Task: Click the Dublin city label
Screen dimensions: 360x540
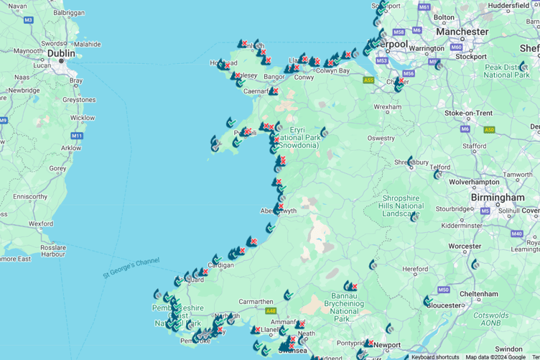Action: click(x=61, y=52)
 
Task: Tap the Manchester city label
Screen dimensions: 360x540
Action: click(x=462, y=32)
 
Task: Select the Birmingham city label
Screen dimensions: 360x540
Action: click(x=498, y=197)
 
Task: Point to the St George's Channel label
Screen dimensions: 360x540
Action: click(x=131, y=266)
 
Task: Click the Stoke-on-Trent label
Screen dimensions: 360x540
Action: click(x=469, y=113)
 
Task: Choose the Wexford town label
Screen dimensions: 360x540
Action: click(x=40, y=223)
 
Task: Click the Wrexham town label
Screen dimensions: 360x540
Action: click(x=388, y=106)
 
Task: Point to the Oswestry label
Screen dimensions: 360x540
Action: click(x=381, y=138)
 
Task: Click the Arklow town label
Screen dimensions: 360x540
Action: click(x=71, y=148)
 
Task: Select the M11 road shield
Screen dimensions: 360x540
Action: click(x=77, y=136)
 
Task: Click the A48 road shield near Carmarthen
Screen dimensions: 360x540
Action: click(x=271, y=311)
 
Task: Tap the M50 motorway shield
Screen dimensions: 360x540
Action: click(x=443, y=290)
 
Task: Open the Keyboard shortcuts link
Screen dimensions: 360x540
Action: click(x=435, y=356)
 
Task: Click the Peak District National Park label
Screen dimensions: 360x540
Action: click(x=506, y=71)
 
